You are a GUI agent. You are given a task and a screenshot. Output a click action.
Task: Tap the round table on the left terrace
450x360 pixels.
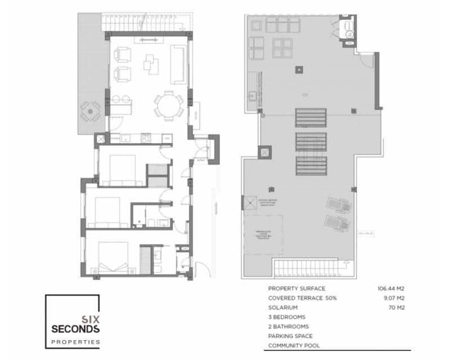point(90,111)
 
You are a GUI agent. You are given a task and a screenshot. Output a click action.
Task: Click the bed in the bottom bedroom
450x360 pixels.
point(113,258)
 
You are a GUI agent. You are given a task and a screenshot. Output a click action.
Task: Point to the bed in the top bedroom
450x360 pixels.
point(119,168)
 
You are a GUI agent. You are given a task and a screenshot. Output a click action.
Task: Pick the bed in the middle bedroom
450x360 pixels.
point(107,213)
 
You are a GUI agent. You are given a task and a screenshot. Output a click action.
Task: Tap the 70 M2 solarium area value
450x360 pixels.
point(397,308)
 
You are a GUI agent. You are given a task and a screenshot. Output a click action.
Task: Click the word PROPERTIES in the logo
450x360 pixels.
point(75,341)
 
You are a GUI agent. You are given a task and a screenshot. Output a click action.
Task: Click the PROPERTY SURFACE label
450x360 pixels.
point(296,289)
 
